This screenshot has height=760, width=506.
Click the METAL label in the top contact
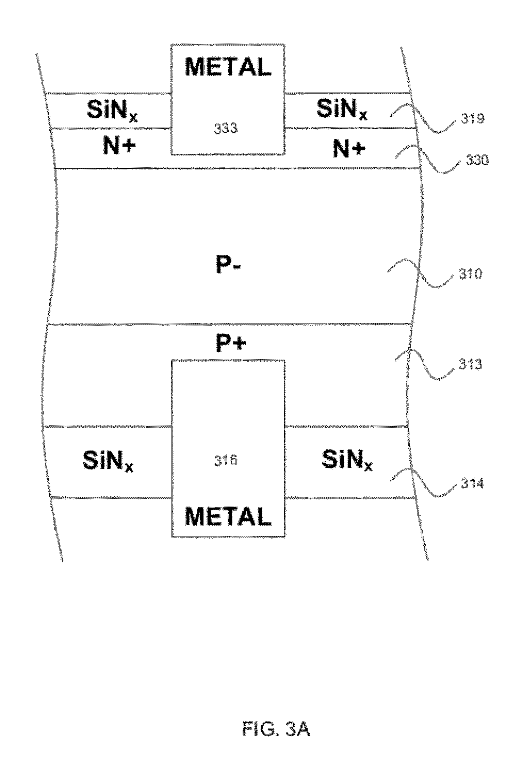coord(228,67)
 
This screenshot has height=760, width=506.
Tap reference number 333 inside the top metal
coord(226,129)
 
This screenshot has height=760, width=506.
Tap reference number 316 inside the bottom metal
coord(226,461)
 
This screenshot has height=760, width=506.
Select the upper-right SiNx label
coord(342,109)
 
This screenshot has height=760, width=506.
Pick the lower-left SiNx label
coord(108,461)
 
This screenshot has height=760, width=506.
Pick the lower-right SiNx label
coord(347,460)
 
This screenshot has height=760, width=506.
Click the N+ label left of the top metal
coord(119,147)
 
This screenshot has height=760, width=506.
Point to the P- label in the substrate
coord(228,266)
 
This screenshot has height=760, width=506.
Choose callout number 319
coord(472,119)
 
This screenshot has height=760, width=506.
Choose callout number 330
coord(477,160)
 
